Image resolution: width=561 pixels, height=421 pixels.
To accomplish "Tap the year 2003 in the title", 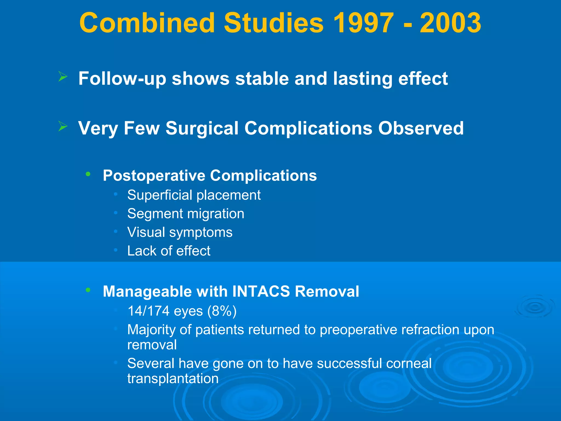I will tap(450, 23).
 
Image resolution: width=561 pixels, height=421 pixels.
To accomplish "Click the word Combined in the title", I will tap(147, 23).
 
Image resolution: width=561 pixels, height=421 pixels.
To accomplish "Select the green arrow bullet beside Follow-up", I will tap(63, 77).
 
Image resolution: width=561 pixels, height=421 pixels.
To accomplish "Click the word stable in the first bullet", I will tap(262, 79).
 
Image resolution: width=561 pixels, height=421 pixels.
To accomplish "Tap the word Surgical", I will tap(202, 128).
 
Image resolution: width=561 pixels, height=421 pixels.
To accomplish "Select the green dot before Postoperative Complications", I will tap(88, 174).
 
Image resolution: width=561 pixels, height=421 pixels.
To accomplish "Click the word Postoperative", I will tap(154, 175).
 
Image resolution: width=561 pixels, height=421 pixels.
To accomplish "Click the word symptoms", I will tap(201, 233).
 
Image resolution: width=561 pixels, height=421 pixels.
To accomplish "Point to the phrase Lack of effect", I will tap(169, 251).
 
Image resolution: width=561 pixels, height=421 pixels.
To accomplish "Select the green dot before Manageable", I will tap(88, 290).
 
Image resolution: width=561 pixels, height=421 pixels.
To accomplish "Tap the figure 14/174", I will tap(148, 311).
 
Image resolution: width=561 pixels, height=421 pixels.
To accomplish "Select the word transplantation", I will tap(173, 379).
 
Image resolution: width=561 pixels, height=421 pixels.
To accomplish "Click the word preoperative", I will tap(358, 330).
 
